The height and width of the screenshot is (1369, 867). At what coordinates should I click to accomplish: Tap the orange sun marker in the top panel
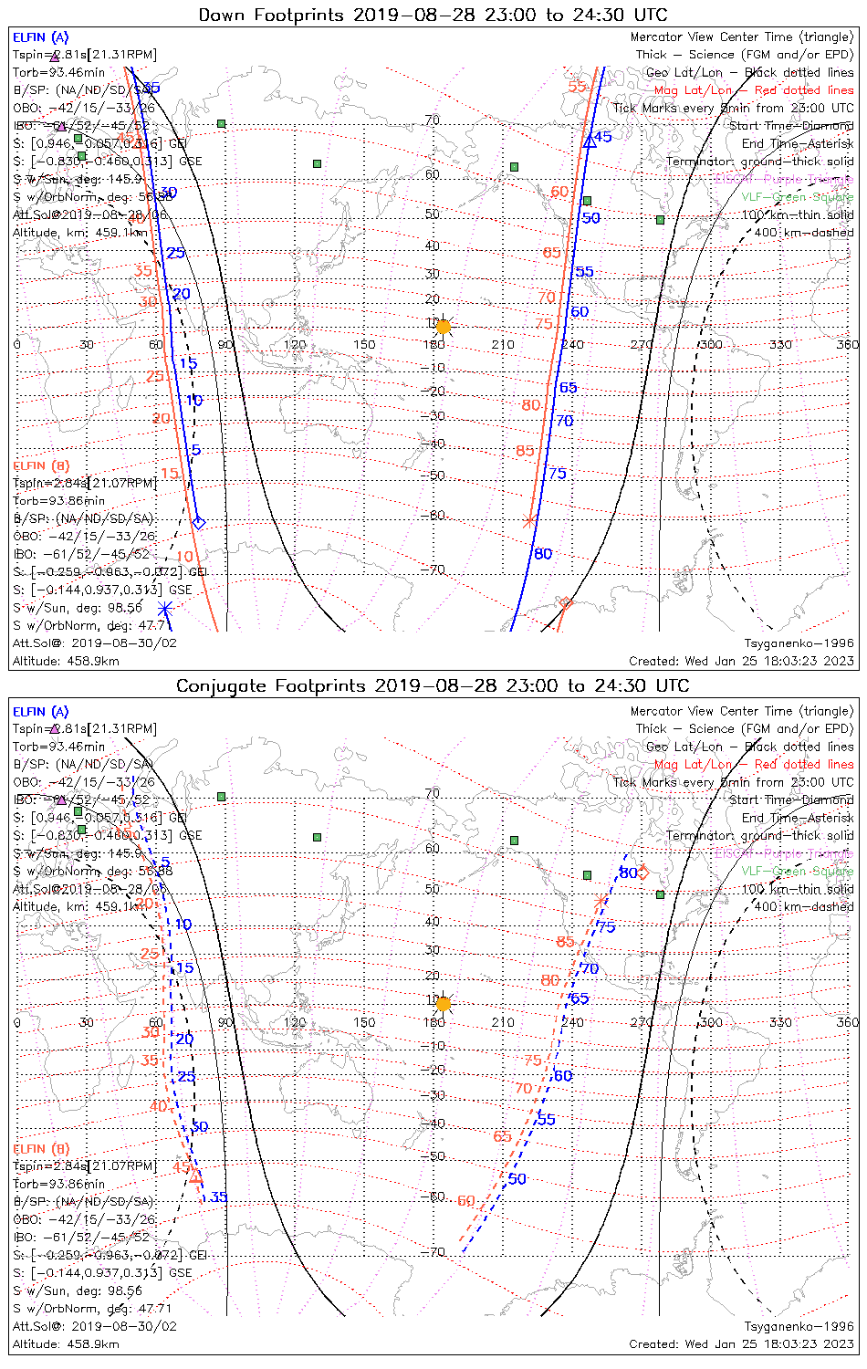coord(443,326)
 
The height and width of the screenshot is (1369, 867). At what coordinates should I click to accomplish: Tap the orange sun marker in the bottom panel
coord(443,1003)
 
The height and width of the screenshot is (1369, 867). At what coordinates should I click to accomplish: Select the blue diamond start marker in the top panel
coord(199,523)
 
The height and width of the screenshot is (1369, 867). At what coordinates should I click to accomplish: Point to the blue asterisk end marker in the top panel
coord(164,609)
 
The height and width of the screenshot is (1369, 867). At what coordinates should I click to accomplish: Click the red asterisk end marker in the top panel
coord(529,521)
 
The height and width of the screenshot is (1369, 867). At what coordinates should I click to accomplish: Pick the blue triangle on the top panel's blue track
coord(590,141)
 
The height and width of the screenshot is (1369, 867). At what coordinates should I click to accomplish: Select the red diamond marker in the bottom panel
coord(642,873)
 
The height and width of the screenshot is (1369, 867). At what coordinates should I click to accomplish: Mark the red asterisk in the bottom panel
coord(600,901)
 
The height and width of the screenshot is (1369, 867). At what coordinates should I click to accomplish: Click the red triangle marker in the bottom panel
coord(194,1176)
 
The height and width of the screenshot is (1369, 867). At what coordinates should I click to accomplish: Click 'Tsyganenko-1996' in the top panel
coord(799,643)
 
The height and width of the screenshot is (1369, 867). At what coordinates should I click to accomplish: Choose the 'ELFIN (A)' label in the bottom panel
coord(41,711)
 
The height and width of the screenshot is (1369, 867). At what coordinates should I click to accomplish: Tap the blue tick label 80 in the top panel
coord(543,553)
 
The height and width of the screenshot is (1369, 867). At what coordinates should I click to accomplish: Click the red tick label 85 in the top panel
coord(525,450)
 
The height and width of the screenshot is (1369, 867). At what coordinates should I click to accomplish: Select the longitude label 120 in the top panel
coord(295,344)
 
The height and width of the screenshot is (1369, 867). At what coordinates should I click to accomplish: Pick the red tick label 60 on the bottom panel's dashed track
coord(466,1200)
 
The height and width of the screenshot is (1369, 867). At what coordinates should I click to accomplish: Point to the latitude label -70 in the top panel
coord(436,570)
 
